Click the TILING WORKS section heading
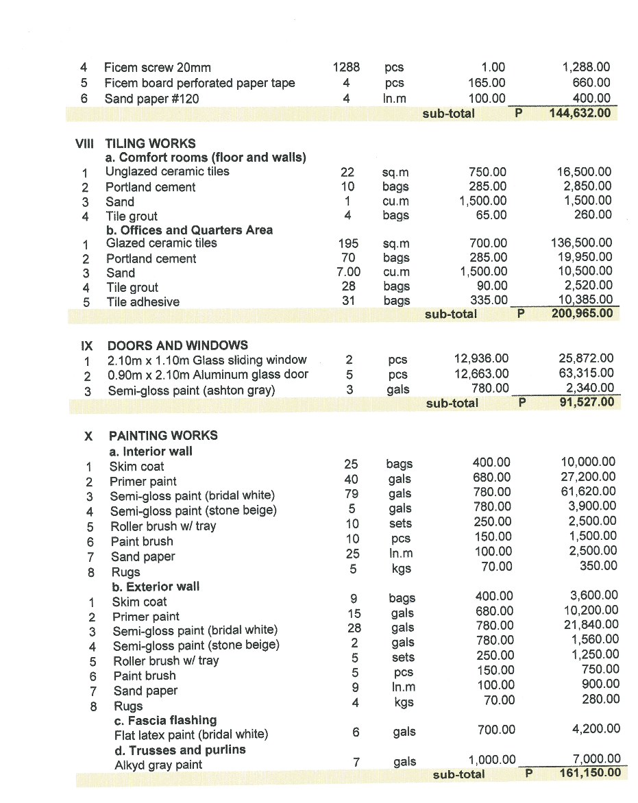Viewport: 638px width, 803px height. click(x=150, y=143)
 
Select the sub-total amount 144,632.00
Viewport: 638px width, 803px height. click(x=580, y=113)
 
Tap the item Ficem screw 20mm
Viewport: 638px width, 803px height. click(x=157, y=68)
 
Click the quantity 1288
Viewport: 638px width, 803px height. click(x=346, y=67)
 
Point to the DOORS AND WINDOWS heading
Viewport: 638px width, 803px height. click(x=177, y=345)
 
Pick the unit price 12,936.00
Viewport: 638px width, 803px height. click(x=482, y=358)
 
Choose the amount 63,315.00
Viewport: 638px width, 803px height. click(x=587, y=373)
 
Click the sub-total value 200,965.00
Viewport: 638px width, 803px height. click(x=581, y=314)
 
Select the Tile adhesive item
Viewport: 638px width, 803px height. click(x=143, y=302)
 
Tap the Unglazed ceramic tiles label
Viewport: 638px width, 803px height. click(x=167, y=171)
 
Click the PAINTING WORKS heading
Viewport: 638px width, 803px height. click(x=163, y=436)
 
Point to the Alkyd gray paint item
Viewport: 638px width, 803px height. click(x=158, y=765)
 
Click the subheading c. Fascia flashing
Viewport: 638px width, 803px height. click(x=165, y=720)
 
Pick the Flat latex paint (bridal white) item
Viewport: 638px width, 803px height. click(x=191, y=734)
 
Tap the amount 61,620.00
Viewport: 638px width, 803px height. click(x=589, y=492)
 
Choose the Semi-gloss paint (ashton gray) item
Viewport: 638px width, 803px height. click(x=191, y=391)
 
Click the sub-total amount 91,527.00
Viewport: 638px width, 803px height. click(x=584, y=403)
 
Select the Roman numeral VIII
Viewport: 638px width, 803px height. click(x=84, y=143)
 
